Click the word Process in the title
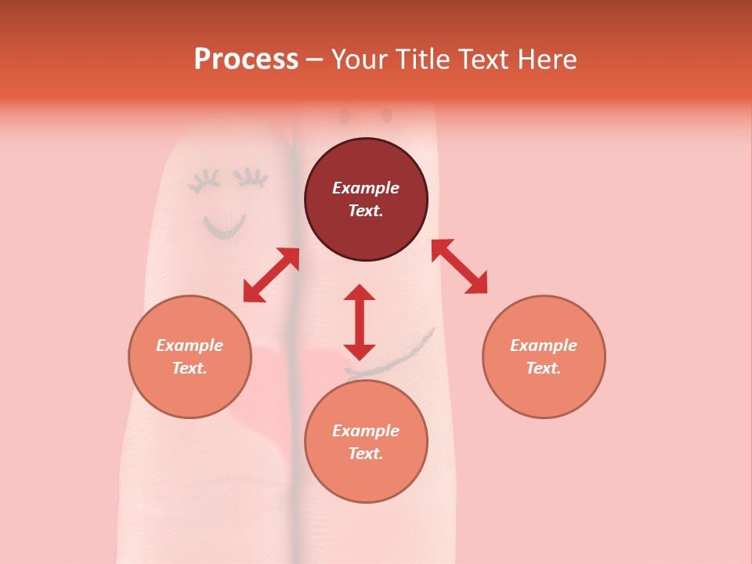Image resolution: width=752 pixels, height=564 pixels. tap(246, 60)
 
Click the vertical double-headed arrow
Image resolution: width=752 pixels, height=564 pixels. tap(360, 322)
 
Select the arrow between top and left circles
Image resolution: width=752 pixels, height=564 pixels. tap(271, 275)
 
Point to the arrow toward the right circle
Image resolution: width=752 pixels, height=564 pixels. tap(459, 267)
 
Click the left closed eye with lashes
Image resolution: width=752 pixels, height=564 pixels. tap(204, 181)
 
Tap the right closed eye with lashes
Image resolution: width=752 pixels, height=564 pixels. tap(253, 179)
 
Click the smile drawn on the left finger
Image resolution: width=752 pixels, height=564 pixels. tap(225, 228)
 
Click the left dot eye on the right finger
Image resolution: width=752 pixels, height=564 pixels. tap(344, 117)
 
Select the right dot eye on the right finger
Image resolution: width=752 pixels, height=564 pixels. tap(385, 116)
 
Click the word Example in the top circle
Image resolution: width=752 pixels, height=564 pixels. tap(366, 188)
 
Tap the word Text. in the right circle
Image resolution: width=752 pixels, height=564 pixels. tap(544, 368)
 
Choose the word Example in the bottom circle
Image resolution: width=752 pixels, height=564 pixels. tap(366, 431)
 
